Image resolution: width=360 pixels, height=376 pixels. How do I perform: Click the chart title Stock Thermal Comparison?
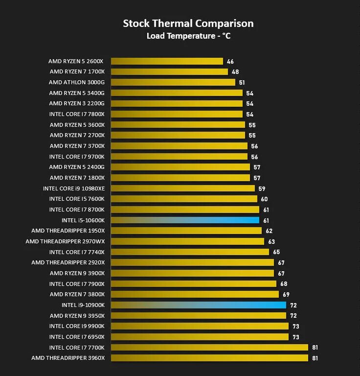coord(188,23)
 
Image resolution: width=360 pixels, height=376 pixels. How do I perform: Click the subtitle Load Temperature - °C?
coord(188,36)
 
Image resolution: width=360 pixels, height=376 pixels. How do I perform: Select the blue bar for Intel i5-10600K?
coord(185,220)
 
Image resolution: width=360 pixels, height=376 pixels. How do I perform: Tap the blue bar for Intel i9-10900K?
coord(198,305)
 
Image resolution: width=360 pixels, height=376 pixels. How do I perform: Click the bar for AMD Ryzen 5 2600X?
coord(167,61)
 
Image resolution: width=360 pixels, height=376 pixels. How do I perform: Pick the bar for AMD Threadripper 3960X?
coord(209,358)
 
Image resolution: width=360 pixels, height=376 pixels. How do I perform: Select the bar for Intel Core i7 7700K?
coord(209,347)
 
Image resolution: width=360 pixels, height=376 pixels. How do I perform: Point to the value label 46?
coord(230,62)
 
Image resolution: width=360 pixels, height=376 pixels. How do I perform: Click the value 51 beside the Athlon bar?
coord(242,83)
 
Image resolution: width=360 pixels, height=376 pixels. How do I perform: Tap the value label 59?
coord(262,188)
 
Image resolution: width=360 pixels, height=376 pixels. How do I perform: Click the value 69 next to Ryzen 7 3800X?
coord(286,295)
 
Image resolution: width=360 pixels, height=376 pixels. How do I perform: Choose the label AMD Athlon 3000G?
coord(76,82)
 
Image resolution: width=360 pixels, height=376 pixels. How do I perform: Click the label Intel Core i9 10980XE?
coord(73,188)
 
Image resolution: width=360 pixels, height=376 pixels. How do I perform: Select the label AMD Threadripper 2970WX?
coord(65,241)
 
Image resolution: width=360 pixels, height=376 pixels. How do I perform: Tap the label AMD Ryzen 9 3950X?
coord(77,315)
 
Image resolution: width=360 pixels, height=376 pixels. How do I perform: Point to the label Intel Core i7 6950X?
coord(77,336)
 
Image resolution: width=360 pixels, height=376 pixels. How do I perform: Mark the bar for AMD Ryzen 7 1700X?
coord(169,72)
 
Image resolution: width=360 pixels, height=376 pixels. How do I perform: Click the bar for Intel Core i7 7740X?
coord(190,252)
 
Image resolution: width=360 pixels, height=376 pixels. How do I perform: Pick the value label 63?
coord(271,242)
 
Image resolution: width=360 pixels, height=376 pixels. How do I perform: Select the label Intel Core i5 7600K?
coord(77,199)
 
